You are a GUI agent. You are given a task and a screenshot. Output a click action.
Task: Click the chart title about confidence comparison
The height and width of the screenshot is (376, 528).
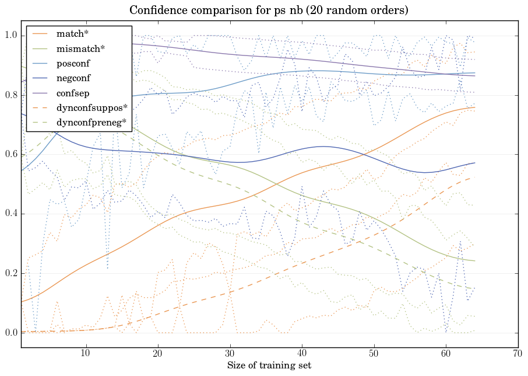269,11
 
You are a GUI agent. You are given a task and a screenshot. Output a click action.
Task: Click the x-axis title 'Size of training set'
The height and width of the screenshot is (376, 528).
269,365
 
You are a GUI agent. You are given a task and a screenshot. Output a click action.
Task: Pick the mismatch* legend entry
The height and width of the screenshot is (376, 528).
80,48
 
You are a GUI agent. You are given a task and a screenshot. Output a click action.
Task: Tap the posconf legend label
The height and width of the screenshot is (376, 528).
73,63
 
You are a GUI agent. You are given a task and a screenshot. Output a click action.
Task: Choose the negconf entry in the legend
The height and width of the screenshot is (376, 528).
73,78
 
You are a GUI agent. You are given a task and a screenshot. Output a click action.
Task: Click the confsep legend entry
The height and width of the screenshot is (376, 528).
72,92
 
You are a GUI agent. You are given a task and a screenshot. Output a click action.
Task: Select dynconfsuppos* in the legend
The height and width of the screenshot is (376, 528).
91,107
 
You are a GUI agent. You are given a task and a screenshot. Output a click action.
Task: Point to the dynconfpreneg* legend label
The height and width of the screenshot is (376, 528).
91,122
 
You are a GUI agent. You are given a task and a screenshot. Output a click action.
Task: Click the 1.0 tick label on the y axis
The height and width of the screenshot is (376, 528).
10,36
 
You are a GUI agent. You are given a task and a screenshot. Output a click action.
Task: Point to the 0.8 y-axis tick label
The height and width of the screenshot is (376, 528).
10,95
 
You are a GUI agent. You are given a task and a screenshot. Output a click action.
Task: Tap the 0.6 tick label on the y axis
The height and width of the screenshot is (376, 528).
10,155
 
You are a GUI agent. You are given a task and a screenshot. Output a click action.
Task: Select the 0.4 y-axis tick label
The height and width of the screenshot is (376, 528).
10,214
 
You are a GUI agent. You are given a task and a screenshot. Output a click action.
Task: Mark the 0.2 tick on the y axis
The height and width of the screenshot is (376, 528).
10,273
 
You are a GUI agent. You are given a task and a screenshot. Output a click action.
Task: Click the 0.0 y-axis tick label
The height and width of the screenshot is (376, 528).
10,333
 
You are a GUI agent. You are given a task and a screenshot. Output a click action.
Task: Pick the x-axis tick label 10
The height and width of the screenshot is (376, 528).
86,354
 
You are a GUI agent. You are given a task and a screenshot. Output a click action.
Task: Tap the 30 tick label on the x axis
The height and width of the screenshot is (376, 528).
230,354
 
